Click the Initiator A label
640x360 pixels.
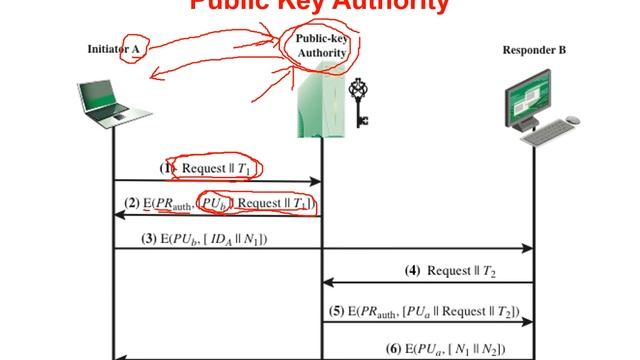(111, 48)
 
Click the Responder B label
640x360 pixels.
(535, 48)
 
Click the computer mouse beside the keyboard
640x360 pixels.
(572, 120)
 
